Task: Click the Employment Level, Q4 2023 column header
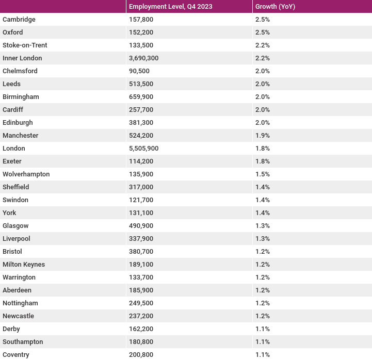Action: tap(171, 6)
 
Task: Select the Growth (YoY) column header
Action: tap(275, 6)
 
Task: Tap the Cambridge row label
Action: tap(19, 20)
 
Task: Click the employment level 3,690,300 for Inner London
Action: tap(144, 58)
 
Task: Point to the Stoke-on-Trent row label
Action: tap(25, 45)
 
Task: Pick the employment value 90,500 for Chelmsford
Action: tap(139, 71)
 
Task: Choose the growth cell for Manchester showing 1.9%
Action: tap(263, 136)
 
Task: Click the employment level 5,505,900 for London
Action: tap(144, 148)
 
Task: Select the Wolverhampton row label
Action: tap(26, 174)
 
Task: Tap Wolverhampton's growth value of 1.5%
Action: tap(263, 174)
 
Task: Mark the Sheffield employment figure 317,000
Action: tap(141, 187)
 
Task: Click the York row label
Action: tap(9, 212)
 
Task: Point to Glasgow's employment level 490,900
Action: tap(141, 225)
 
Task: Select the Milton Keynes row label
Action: tap(24, 265)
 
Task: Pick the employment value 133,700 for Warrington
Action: tap(141, 277)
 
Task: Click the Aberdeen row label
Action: tap(17, 290)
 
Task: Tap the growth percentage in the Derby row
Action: tap(263, 329)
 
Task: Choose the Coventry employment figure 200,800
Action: tap(141, 354)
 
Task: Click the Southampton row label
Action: tap(23, 342)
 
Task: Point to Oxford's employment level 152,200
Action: tap(141, 32)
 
